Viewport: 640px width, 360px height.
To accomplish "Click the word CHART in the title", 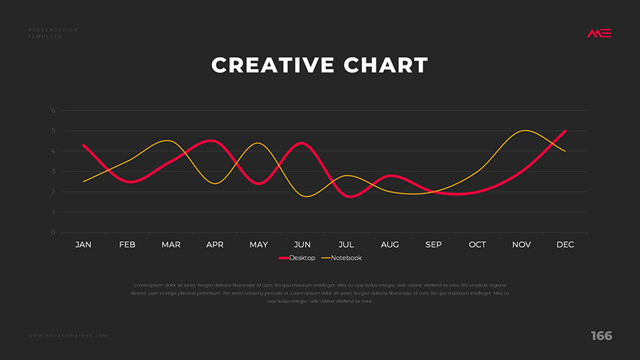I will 386,65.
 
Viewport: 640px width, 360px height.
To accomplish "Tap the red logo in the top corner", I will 599,33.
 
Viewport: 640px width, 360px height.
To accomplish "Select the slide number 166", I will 601,336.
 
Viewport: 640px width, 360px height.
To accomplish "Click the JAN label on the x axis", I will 83,245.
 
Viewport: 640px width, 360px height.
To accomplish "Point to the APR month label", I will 215,245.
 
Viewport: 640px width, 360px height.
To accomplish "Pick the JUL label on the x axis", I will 346,245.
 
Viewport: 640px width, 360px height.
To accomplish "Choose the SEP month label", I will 434,245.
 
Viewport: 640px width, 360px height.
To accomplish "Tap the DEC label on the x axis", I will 565,245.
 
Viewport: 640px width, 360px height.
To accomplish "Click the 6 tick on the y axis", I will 53,111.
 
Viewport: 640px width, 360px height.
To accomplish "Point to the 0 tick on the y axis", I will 53,233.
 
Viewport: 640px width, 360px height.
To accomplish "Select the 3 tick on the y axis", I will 53,171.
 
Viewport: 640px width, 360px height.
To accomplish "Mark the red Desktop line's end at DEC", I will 565,131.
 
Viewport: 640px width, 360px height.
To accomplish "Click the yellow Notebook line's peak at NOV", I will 524,131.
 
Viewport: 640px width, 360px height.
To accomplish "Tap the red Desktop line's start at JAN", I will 83,145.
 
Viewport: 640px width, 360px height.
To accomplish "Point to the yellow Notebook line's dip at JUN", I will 306,196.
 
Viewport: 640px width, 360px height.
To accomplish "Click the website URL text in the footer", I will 68,335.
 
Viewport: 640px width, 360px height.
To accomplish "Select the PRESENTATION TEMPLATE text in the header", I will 53,33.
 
